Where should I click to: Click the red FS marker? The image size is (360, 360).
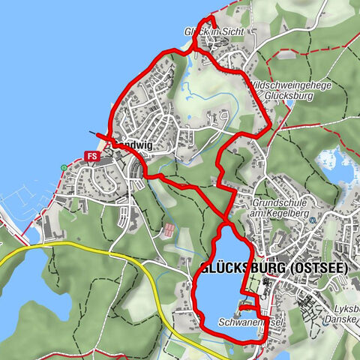(x=93, y=156)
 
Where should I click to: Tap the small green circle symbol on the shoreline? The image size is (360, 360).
(x=63, y=167)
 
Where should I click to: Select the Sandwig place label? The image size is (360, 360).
(x=133, y=148)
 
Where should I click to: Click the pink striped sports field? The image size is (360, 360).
(x=171, y=230)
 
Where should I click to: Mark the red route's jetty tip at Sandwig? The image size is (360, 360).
(x=97, y=132)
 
